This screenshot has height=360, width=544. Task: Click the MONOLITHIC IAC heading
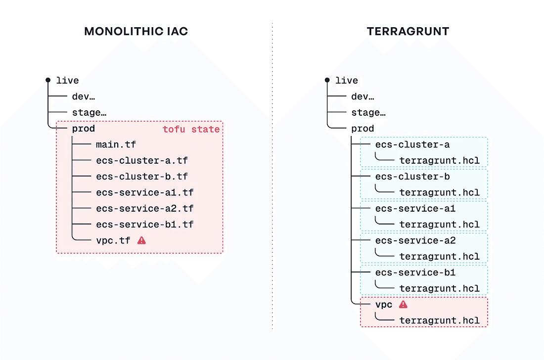pyautogui.click(x=136, y=31)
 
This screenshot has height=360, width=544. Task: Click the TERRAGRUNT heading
pyautogui.click(x=408, y=31)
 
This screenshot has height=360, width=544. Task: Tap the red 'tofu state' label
pyautogui.click(x=191, y=130)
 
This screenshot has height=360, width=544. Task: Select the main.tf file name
pyautogui.click(x=116, y=144)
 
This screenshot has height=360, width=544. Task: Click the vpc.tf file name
pyautogui.click(x=113, y=240)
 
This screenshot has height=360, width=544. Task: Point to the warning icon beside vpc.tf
pyautogui.click(x=141, y=240)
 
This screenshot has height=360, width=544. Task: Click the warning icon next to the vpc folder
pyautogui.click(x=403, y=305)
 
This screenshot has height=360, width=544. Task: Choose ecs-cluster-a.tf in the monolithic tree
pyautogui.click(x=142, y=160)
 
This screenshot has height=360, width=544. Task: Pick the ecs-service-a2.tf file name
pyautogui.click(x=145, y=208)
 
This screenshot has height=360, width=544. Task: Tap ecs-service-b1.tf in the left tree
pyautogui.click(x=145, y=224)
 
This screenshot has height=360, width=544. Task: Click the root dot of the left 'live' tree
pyautogui.click(x=48, y=80)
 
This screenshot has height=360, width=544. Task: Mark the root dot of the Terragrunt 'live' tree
pyautogui.click(x=327, y=80)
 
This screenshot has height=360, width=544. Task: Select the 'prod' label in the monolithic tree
pyautogui.click(x=83, y=129)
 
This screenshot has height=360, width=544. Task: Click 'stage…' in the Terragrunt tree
pyautogui.click(x=368, y=113)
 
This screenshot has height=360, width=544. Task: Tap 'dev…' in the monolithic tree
pyautogui.click(x=83, y=96)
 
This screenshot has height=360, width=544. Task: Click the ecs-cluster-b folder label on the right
pyautogui.click(x=412, y=176)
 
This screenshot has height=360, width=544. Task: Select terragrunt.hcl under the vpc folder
pyautogui.click(x=440, y=320)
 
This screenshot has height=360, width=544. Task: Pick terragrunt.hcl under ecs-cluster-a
pyautogui.click(x=440, y=160)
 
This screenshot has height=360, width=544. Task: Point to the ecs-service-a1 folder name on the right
pyautogui.click(x=415, y=208)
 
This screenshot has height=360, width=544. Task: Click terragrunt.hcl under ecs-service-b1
pyautogui.click(x=440, y=288)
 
